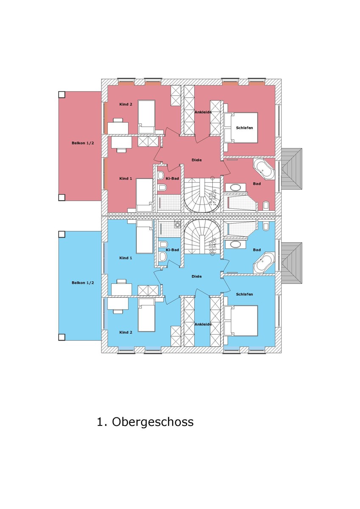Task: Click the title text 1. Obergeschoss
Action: tap(145, 422)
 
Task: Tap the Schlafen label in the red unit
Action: tap(245, 128)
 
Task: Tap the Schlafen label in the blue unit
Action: tap(245, 294)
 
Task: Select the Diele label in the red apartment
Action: tap(197, 160)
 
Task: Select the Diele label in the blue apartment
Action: tap(197, 277)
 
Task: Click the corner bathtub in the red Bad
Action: tap(264, 171)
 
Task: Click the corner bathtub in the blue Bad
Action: tap(264, 263)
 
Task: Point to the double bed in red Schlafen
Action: tap(241, 127)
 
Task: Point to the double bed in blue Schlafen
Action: tap(241, 320)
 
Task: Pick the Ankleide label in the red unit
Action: tap(203, 112)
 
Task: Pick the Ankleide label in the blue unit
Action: tap(203, 324)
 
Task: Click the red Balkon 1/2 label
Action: tap(83, 143)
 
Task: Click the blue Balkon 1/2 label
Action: tap(83, 282)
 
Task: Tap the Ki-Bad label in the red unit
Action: tap(172, 179)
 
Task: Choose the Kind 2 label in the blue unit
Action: tap(126, 333)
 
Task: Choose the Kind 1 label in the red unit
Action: tap(126, 179)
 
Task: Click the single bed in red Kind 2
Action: tap(146, 116)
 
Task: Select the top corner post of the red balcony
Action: tap(62, 95)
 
